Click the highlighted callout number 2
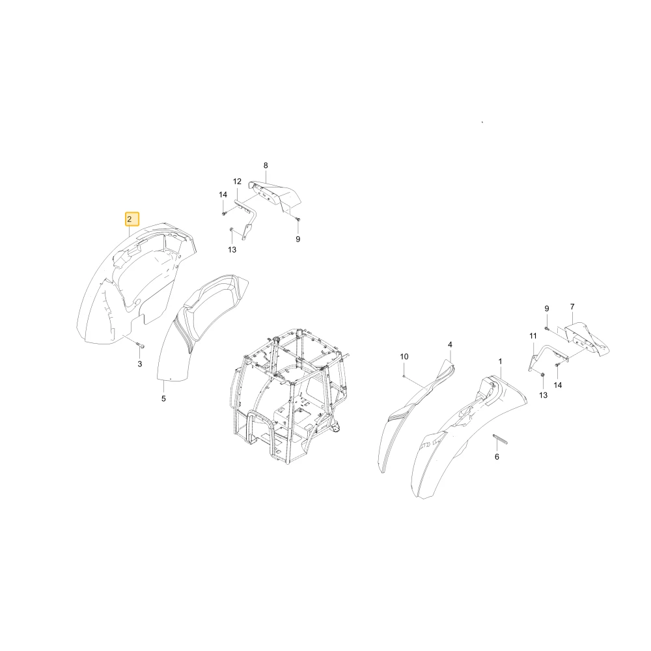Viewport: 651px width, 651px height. (130, 219)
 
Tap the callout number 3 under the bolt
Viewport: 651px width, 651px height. (140, 364)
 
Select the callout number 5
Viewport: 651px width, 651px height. (163, 398)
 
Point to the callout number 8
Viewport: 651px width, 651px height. (266, 165)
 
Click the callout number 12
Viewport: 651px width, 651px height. (237, 182)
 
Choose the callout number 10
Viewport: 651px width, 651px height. (404, 357)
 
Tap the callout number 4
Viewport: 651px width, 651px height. (450, 344)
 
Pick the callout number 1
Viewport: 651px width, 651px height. (500, 361)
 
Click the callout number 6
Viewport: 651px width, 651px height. (497, 457)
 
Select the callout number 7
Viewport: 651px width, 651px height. (572, 307)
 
